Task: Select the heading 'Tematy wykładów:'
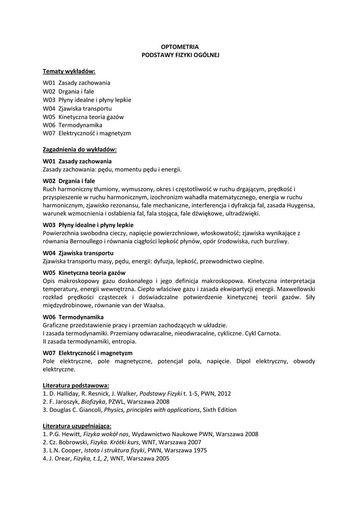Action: (x=69, y=71)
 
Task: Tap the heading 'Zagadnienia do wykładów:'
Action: (x=79, y=149)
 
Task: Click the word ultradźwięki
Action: (x=241, y=214)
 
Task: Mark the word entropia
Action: (x=123, y=341)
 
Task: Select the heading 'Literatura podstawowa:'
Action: (x=76, y=385)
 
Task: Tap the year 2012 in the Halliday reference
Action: (x=224, y=393)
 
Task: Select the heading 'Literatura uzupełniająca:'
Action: (x=77, y=426)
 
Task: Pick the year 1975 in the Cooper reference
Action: (x=200, y=450)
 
